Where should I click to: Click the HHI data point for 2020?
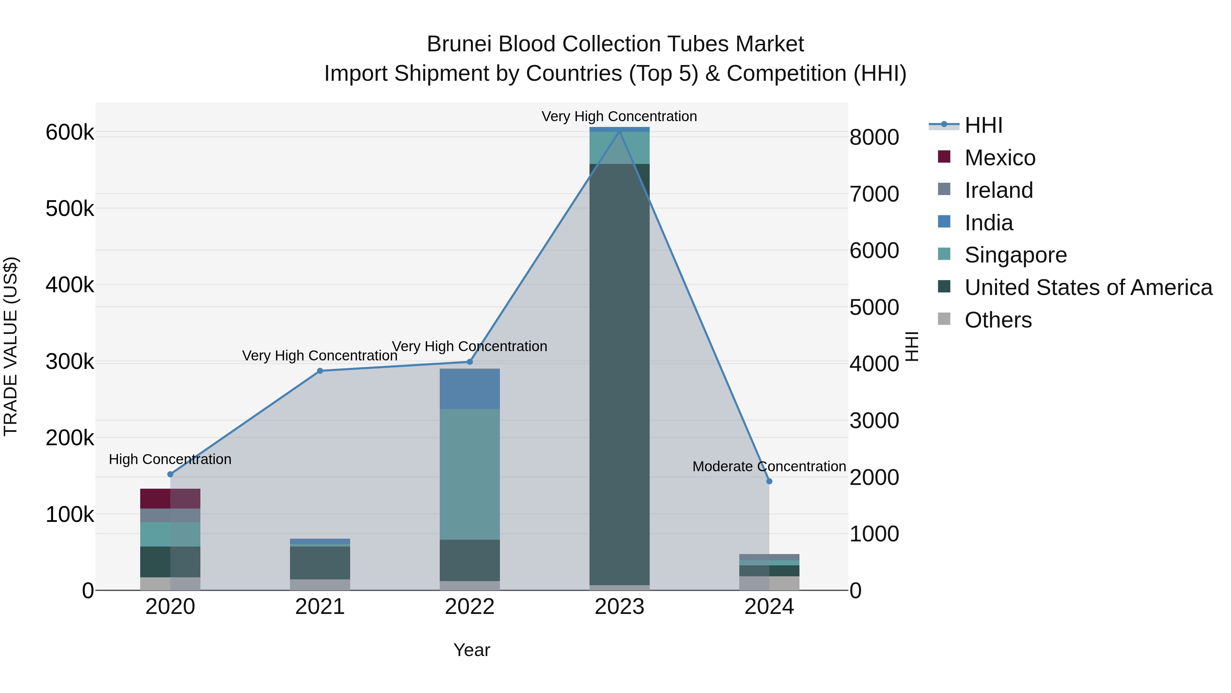pyautogui.click(x=170, y=474)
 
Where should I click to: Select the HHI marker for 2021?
pyautogui.click(x=320, y=371)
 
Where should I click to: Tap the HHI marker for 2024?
pyautogui.click(x=769, y=481)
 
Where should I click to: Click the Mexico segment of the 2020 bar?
pyautogui.click(x=170, y=498)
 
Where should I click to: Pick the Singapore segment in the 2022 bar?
pyautogui.click(x=470, y=474)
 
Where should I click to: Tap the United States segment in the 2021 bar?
pyautogui.click(x=320, y=562)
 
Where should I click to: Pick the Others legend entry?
pyautogui.click(x=998, y=320)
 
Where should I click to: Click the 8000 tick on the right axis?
pyautogui.click(x=874, y=137)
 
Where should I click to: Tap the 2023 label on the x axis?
pyautogui.click(x=619, y=607)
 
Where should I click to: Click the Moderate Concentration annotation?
pyautogui.click(x=769, y=466)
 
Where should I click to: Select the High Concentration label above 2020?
pyautogui.click(x=170, y=459)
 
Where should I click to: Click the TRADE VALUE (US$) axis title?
pyautogui.click(x=11, y=346)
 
